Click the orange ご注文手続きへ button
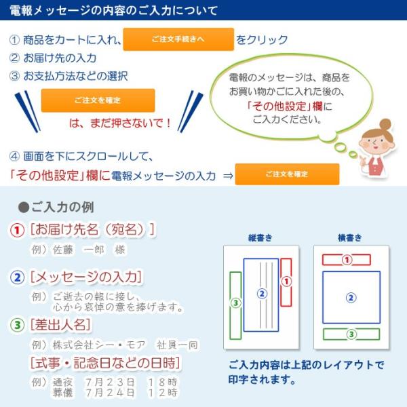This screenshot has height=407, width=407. pos(178,39)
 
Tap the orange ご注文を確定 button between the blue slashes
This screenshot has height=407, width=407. pos(98,100)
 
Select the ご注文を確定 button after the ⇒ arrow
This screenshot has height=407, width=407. pos(287,174)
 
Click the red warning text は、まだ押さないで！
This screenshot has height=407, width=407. pos(121,123)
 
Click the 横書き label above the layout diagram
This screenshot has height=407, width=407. pos(350,237)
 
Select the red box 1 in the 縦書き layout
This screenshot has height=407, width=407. pos(286,281)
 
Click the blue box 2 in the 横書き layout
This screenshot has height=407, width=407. pos(351,296)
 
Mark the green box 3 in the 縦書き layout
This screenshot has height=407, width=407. pos(235,302)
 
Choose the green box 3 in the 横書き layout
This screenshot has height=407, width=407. pos(351,334)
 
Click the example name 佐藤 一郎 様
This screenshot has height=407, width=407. pos(89,250)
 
